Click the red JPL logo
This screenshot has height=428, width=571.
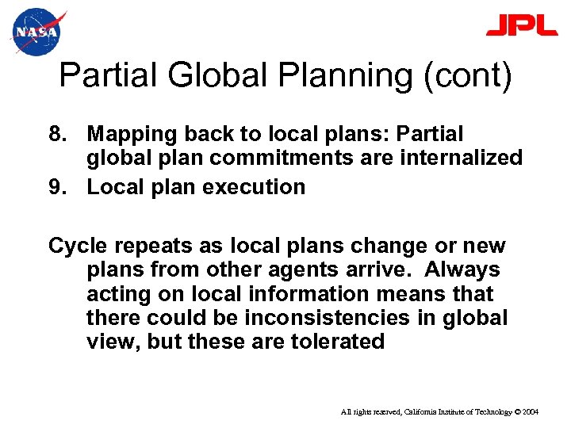[521, 26]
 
